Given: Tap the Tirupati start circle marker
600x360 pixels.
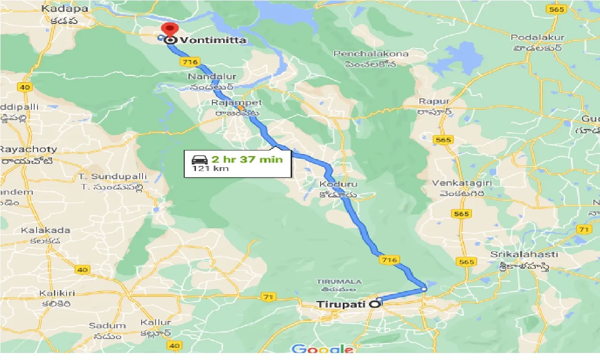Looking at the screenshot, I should coord(375,304).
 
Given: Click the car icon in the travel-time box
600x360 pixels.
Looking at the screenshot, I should coord(200,160).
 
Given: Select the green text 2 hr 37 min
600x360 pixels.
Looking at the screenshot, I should coord(247,159).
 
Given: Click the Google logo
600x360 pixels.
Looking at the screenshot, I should coord(322,349).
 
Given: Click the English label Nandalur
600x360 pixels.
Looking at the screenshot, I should coord(212,76).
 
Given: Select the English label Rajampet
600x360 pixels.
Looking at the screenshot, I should coord(236,103).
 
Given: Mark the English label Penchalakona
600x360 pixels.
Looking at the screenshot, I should coord(371,54).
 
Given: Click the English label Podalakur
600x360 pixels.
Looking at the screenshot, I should coord(538,37).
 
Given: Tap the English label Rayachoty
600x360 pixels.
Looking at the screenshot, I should coord(29,150).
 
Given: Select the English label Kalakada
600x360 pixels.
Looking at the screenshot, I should coord(45,230).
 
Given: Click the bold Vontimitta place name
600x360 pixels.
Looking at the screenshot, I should coord(213,40).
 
